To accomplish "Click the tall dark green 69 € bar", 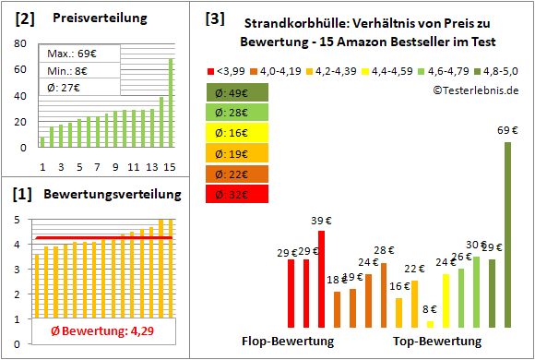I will (x=507, y=234).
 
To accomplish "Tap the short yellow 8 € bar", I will (x=430, y=323).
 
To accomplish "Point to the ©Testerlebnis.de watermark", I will (x=474, y=90).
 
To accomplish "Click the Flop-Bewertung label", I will (x=288, y=341).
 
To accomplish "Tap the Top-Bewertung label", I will (x=437, y=341).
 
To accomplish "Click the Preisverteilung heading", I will (x=91, y=18).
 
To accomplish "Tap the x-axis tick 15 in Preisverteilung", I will (x=170, y=166).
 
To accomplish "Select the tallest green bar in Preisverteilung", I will (x=171, y=102).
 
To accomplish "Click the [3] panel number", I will (x=214, y=18).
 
